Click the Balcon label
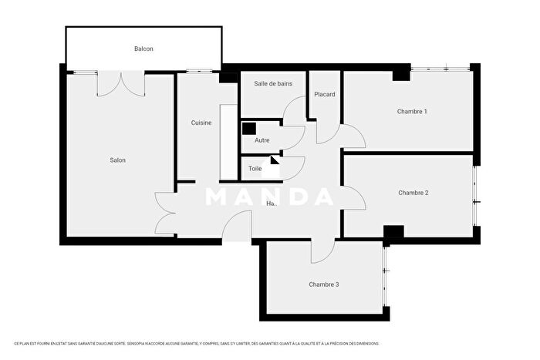point(143,49)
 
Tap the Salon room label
point(117,160)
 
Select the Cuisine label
point(201,123)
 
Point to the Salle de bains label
point(273,83)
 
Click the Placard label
point(324,95)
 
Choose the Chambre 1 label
point(412,112)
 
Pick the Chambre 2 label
point(413,193)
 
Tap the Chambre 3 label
point(324,284)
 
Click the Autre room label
point(262,141)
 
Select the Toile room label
point(255,168)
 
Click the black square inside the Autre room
point(249,130)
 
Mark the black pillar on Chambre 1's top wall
point(401,74)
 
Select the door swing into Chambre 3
point(322,251)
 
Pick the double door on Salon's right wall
point(165,214)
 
